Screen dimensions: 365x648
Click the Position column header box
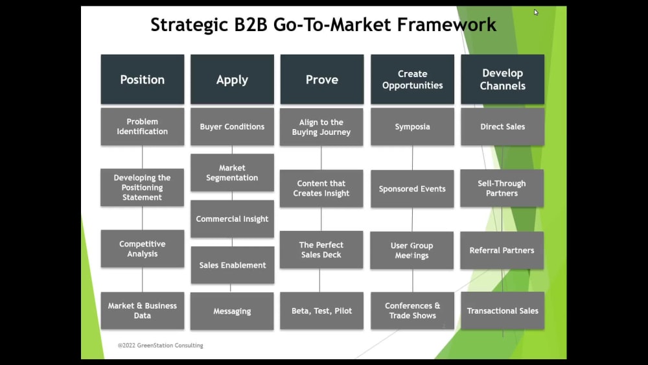pyautogui.click(x=142, y=80)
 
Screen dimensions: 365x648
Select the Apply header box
pyautogui.click(x=232, y=80)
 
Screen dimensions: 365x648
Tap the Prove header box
pyautogui.click(x=321, y=80)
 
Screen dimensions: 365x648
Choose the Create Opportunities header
pyautogui.click(x=412, y=80)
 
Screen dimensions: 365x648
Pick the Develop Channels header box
pyautogui.click(x=502, y=80)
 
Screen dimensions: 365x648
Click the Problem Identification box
pyautogui.click(x=142, y=126)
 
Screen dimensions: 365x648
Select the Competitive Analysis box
pyautogui.click(x=142, y=249)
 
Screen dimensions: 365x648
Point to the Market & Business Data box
pyautogui.click(x=142, y=311)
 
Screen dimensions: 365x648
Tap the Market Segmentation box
pyautogui.click(x=232, y=172)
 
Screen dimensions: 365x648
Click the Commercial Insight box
pyautogui.click(x=232, y=219)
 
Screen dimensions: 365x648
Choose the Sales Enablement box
pyautogui.click(x=232, y=265)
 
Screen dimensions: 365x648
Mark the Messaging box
pyautogui.click(x=232, y=311)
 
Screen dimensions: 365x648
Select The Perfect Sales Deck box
pyautogui.click(x=321, y=250)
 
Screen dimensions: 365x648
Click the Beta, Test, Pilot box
pyautogui.click(x=321, y=311)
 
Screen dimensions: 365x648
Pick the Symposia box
pyautogui.click(x=412, y=126)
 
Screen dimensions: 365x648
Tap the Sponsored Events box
pyautogui.click(x=412, y=189)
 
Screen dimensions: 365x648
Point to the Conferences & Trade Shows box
pyautogui.click(x=412, y=311)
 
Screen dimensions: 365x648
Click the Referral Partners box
pyautogui.click(x=502, y=250)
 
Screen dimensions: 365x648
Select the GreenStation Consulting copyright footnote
pyautogui.click(x=160, y=346)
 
